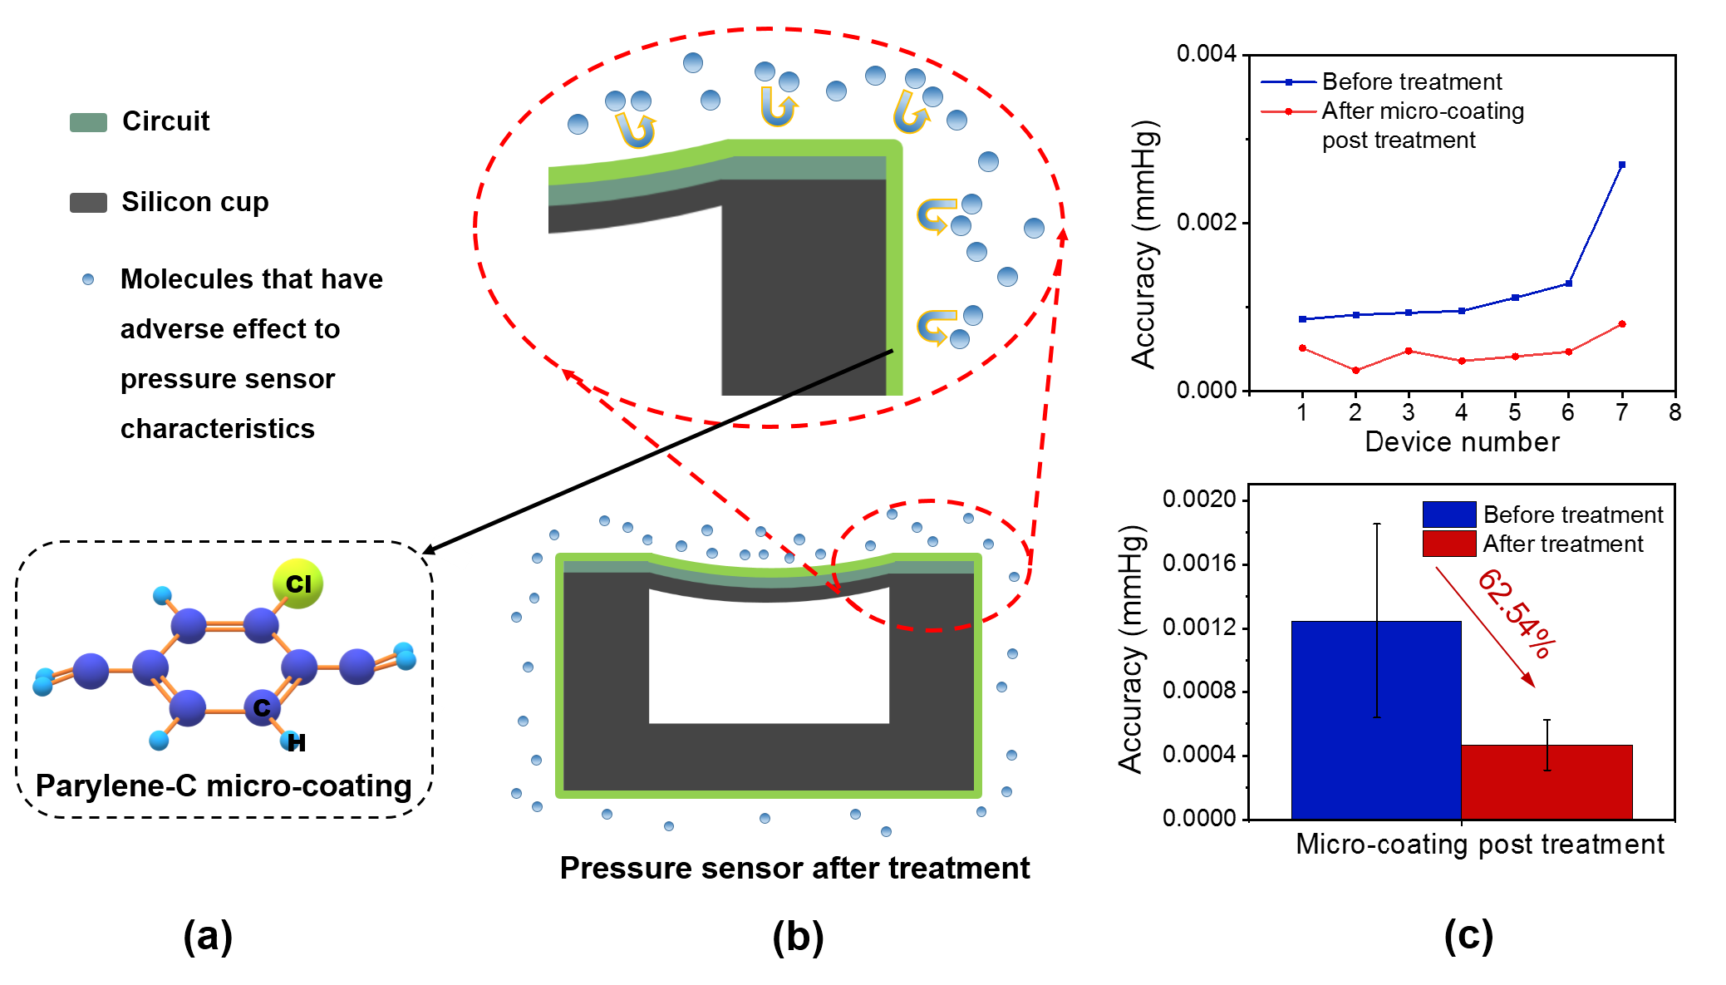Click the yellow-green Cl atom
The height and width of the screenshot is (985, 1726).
[298, 584]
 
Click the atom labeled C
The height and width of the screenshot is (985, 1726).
[262, 707]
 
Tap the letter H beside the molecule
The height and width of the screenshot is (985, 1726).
[297, 742]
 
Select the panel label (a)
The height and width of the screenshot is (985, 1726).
[206, 934]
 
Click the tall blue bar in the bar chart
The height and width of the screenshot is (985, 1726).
[1375, 720]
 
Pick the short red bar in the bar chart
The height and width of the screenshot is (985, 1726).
[1547, 782]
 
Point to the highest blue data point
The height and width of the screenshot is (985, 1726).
[1623, 165]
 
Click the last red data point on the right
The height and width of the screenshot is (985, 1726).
[1623, 324]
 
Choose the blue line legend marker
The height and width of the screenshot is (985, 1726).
[1289, 82]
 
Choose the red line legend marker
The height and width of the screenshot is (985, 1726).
[1289, 111]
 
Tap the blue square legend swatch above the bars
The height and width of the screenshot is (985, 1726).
[1449, 514]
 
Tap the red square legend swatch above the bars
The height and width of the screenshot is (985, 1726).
[1449, 544]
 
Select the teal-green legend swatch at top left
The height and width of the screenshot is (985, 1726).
[88, 123]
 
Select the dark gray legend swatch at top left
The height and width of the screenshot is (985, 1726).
[88, 203]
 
